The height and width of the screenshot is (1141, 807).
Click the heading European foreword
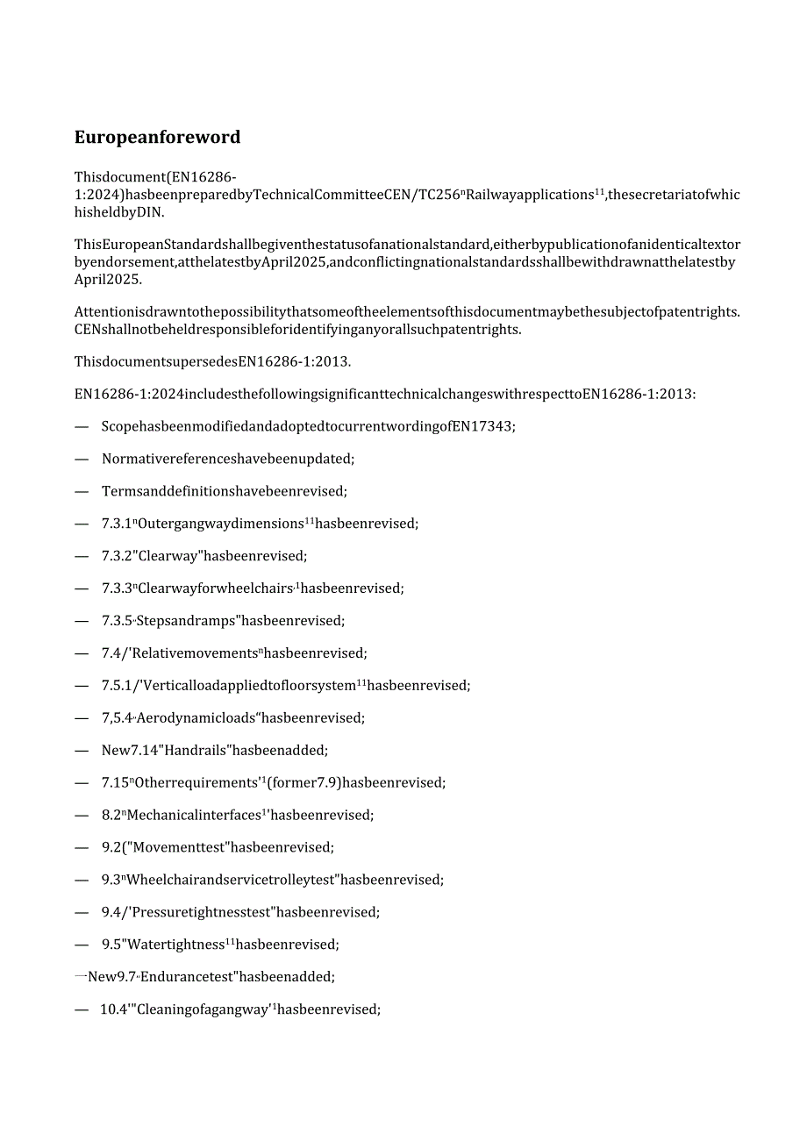click(157, 137)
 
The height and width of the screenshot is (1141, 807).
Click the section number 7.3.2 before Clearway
click(117, 556)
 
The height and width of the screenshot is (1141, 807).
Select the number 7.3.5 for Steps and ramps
click(117, 621)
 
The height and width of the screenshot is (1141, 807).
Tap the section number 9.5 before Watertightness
click(111, 945)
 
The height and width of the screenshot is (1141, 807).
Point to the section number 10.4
click(112, 1009)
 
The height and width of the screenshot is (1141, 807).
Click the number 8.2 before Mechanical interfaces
click(111, 815)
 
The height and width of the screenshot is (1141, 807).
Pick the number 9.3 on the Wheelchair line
click(111, 880)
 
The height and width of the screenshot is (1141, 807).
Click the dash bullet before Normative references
click(82, 459)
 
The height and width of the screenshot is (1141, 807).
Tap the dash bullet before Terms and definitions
click(82, 491)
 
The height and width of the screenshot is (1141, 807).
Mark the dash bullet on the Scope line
click(82, 426)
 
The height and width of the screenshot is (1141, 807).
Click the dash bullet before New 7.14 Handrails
click(82, 750)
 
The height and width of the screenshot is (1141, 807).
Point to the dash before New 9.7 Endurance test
click(79, 976)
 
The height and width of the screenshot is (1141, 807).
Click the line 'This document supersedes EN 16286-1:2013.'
click(212, 361)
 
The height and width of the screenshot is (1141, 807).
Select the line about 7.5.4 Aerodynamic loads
click(232, 718)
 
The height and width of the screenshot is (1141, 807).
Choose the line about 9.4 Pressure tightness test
click(240, 912)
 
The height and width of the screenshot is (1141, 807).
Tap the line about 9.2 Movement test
click(218, 847)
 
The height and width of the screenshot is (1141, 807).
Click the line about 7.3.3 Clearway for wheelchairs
click(253, 588)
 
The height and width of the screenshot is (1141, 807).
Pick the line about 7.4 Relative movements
click(234, 653)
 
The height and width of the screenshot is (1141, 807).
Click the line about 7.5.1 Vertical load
click(286, 686)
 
